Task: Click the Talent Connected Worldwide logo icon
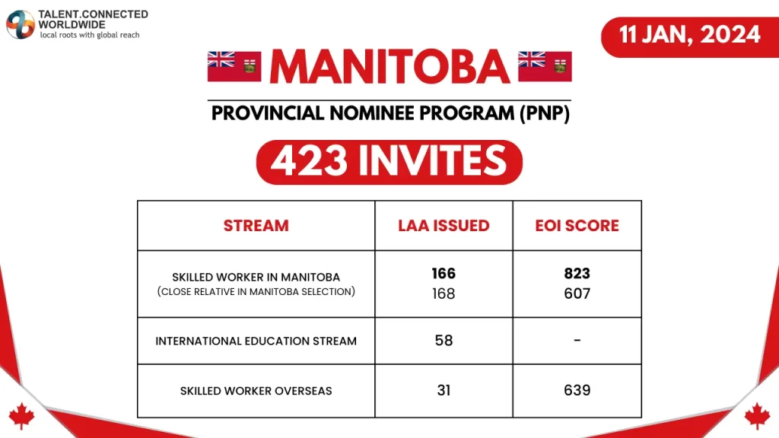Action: tap(20, 24)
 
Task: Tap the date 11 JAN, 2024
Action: tap(690, 34)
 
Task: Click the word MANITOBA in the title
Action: tap(389, 67)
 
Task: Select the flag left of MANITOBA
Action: tap(234, 67)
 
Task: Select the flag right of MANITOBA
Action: tap(545, 67)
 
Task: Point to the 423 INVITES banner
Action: tap(389, 160)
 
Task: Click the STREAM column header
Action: tap(256, 226)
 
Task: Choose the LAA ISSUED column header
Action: tap(444, 226)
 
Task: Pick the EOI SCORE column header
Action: tap(577, 226)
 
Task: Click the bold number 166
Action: tap(444, 274)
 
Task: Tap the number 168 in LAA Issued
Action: tap(444, 294)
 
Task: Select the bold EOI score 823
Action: tap(577, 274)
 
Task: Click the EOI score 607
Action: tap(577, 294)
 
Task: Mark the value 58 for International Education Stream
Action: tap(444, 341)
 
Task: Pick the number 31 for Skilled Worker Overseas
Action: tap(444, 390)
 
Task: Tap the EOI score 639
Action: tap(577, 390)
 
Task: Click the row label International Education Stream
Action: tap(256, 341)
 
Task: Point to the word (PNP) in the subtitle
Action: tap(544, 113)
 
